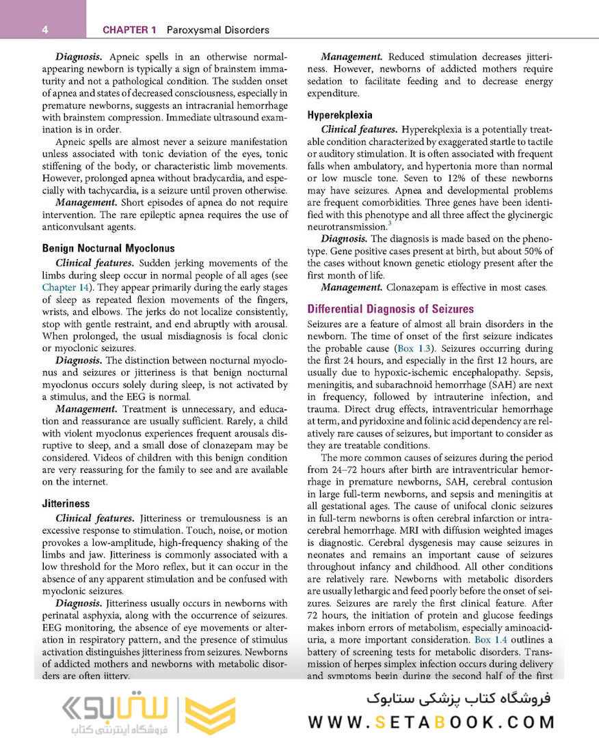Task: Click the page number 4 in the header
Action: tap(44, 30)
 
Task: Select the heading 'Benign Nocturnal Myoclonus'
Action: tap(108, 249)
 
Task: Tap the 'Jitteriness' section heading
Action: tap(66, 504)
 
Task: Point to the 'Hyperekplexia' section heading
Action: tap(340, 115)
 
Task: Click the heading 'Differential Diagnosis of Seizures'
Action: tap(390, 309)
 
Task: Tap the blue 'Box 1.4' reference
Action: tap(491, 640)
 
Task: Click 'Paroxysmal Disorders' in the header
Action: tap(215, 30)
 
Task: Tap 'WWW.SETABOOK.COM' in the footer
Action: tap(431, 722)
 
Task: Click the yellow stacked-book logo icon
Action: tap(210, 715)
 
